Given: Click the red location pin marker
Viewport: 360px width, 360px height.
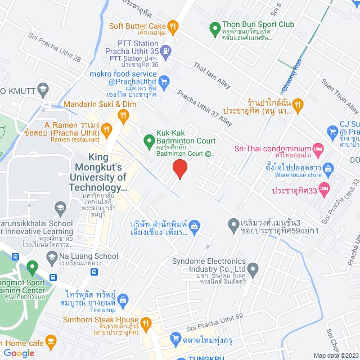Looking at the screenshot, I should point(179,168).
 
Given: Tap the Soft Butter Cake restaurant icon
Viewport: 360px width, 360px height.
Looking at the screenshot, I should point(173,26).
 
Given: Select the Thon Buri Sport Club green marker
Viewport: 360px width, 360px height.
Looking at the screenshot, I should point(214,27).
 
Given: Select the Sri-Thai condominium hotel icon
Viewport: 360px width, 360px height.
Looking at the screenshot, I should point(317,148).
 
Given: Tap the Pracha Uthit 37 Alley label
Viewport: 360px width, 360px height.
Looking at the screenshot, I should point(205,108).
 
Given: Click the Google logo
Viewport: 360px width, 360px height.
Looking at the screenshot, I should point(19,353).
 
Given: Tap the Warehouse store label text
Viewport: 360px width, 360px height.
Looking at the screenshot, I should point(298,174).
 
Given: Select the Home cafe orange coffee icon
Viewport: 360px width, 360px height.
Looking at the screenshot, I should point(51,341).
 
